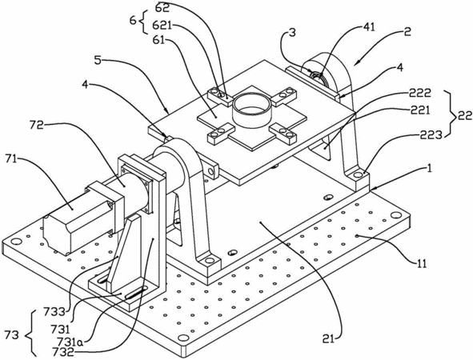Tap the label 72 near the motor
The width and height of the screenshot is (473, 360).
click(x=37, y=125)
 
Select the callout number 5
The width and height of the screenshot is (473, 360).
click(x=98, y=60)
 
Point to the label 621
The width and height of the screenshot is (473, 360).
click(x=162, y=26)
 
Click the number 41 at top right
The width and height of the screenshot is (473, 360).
click(x=368, y=27)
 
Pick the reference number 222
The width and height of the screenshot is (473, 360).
click(x=420, y=93)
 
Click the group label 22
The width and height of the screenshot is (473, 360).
click(x=464, y=116)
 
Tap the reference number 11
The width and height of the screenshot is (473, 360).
click(x=420, y=263)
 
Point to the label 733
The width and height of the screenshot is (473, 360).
click(x=54, y=311)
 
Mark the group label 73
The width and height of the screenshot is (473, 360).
click(x=12, y=335)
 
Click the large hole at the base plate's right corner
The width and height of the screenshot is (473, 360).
click(x=394, y=215)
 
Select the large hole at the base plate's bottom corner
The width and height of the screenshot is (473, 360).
click(x=182, y=337)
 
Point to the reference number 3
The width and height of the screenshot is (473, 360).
click(x=291, y=33)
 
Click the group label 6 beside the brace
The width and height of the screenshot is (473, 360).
click(x=132, y=21)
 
